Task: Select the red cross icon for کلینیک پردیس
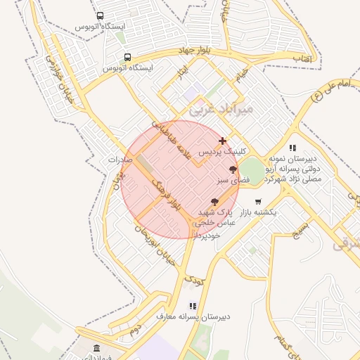pos(223,141)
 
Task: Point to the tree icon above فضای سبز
pos(233,169)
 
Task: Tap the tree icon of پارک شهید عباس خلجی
pos(214,202)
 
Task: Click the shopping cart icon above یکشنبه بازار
pos(258,202)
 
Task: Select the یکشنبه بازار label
pos(256,212)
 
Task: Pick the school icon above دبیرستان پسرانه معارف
pos(193,306)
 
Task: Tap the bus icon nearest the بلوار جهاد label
pos(127,58)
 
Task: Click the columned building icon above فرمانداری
pos(96,349)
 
